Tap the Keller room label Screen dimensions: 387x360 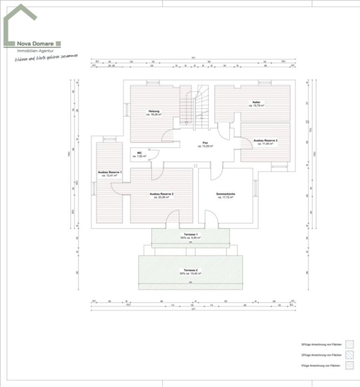[x=256, y=102]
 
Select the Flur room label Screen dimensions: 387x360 [x=205, y=143]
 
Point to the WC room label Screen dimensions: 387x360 [x=139, y=152]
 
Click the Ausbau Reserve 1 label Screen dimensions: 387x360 [x=109, y=172]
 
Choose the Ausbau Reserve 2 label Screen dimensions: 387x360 [x=161, y=193]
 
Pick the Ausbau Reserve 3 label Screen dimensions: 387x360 [x=265, y=140]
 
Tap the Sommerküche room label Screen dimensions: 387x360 [x=225, y=193]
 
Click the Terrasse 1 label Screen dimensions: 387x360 [x=191, y=234]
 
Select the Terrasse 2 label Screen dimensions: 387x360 [x=191, y=270]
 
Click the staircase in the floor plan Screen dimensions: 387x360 [x=195, y=107]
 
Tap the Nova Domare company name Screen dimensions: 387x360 [x=35, y=43]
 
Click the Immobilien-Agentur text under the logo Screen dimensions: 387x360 [x=35, y=50]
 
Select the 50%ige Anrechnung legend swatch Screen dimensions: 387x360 [x=350, y=345]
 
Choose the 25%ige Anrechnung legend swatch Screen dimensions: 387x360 [x=350, y=355]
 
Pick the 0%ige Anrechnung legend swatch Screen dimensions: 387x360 [x=350, y=366]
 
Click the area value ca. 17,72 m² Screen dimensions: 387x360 [x=225, y=198]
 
